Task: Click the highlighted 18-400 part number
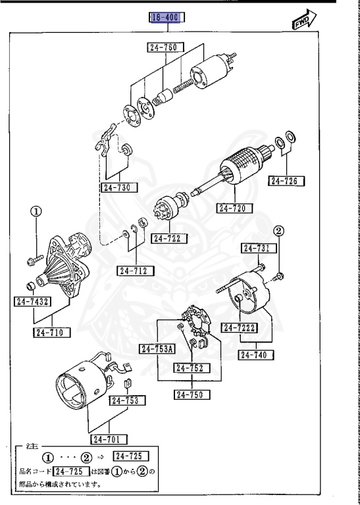[x=165, y=18]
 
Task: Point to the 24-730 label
[x=120, y=187]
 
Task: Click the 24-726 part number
[x=288, y=180]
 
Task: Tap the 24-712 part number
[x=136, y=270]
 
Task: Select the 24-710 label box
[x=52, y=332]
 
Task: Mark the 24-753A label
[x=157, y=349]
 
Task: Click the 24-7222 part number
[x=239, y=327]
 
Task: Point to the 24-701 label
[x=109, y=439]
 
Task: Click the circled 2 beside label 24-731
[x=279, y=230]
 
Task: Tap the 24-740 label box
[x=257, y=354]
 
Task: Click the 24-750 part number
[x=192, y=395]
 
